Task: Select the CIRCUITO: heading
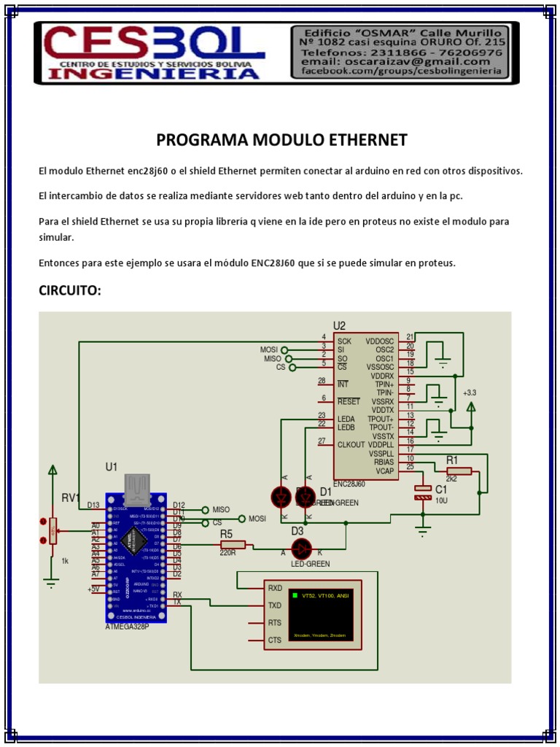coord(69,292)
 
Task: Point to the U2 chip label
coord(339,325)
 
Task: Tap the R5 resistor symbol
coord(233,544)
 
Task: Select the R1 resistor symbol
coord(459,471)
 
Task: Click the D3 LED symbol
coord(301,549)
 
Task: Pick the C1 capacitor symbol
coord(423,492)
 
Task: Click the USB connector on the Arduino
coord(137,485)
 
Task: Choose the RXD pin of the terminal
coord(275,587)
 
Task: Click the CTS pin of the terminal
coord(275,640)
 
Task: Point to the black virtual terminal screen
coord(320,615)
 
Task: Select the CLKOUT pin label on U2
coord(351,444)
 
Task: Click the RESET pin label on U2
coord(349,401)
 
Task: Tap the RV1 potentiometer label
coord(70,498)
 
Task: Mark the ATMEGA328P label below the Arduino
coord(127,627)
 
